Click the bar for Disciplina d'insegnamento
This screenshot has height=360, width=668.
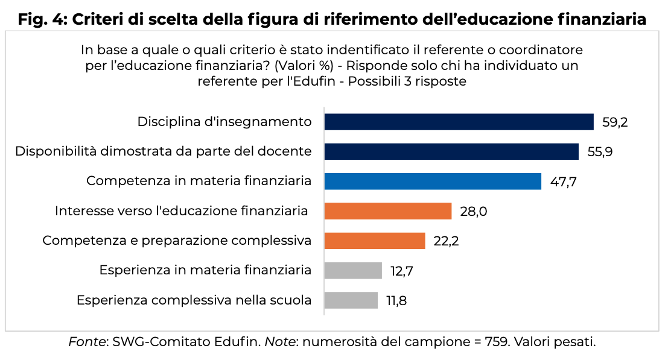click(x=459, y=122)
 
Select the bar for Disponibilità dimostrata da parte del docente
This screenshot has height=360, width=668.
click(x=451, y=151)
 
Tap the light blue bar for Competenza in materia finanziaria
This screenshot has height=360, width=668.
click(x=433, y=181)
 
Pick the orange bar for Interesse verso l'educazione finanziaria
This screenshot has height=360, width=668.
click(x=387, y=211)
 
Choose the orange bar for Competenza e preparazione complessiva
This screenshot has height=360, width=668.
click(x=375, y=241)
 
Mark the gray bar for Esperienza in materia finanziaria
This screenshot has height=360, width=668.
click(x=353, y=270)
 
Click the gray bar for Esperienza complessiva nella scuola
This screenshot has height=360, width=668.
click(x=351, y=300)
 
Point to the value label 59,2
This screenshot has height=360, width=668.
click(x=615, y=122)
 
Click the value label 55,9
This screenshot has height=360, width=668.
click(x=600, y=151)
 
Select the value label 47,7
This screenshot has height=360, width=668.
click(x=563, y=181)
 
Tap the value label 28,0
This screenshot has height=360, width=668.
click(x=472, y=211)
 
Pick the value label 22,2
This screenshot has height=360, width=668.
click(x=447, y=241)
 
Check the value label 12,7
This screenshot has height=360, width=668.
click(x=401, y=270)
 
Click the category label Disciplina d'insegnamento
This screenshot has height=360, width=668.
click(x=224, y=122)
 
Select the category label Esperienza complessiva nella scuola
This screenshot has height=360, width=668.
click(x=194, y=300)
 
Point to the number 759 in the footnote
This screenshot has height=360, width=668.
click(x=497, y=343)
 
